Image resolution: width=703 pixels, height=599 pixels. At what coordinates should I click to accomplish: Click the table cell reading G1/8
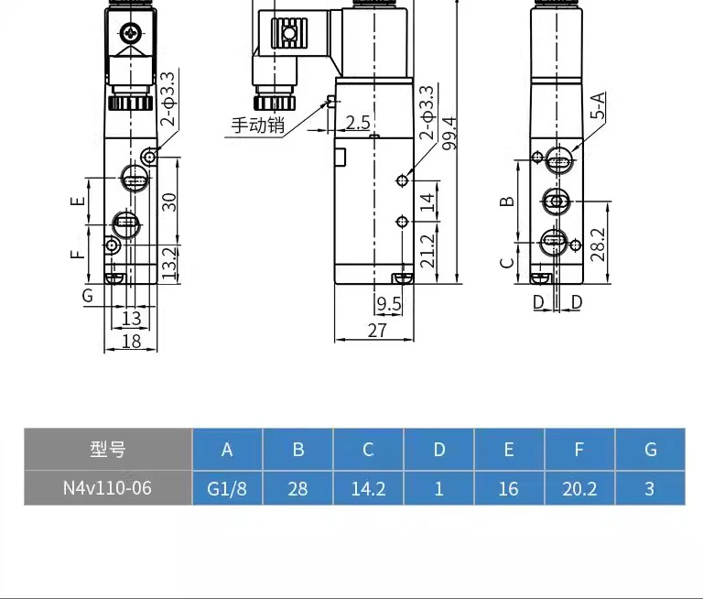click(227, 488)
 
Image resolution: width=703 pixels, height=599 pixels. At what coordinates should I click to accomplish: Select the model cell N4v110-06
click(108, 488)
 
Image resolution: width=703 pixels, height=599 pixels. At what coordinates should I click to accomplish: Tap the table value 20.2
click(579, 488)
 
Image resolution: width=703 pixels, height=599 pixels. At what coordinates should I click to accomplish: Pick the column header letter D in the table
click(439, 449)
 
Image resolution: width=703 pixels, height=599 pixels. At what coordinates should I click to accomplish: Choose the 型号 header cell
click(108, 449)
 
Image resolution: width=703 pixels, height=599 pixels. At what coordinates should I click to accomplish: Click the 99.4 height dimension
click(449, 133)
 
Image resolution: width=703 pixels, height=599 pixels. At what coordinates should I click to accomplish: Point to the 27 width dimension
click(377, 331)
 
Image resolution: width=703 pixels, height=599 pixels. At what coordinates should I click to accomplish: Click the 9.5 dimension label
click(389, 304)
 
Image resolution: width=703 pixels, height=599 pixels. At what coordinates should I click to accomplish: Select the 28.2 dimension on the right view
click(598, 245)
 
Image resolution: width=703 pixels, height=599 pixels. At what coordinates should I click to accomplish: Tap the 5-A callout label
click(598, 105)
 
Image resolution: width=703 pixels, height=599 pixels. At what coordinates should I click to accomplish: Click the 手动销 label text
click(258, 125)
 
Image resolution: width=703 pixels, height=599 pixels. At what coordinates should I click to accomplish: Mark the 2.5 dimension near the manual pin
click(358, 123)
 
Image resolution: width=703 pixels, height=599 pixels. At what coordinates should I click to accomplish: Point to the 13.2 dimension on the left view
click(169, 264)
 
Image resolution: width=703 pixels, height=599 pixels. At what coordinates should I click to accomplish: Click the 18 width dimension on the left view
click(132, 342)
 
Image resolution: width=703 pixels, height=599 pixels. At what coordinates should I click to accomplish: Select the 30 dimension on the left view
click(169, 202)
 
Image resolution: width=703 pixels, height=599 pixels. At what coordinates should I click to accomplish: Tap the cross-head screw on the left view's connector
click(131, 33)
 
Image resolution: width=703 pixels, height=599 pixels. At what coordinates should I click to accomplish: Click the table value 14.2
click(368, 488)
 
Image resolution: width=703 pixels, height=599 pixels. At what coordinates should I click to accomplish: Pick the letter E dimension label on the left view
click(78, 201)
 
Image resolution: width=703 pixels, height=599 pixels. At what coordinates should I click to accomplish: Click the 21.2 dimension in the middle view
click(428, 251)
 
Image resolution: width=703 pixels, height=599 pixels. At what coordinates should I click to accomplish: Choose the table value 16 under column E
click(509, 488)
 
